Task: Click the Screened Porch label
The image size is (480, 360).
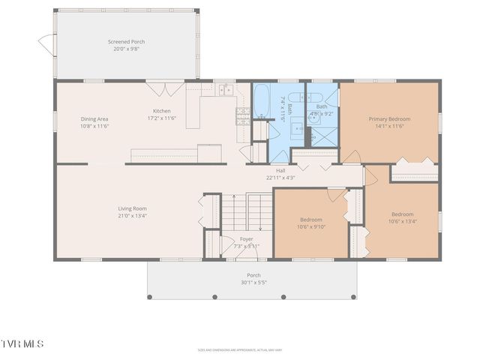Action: [127, 41]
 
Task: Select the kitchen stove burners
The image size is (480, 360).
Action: [243, 115]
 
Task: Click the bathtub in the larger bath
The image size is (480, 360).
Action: [262, 100]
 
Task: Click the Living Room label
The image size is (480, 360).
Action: [132, 208]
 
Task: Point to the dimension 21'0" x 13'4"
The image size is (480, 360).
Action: [132, 216]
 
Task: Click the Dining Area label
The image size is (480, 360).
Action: [94, 118]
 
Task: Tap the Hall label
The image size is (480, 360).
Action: [280, 170]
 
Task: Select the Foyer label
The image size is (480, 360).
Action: [246, 238]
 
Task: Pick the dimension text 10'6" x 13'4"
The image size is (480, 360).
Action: [402, 221]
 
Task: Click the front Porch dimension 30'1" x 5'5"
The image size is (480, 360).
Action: [253, 283]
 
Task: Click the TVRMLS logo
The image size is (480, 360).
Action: [22, 344]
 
